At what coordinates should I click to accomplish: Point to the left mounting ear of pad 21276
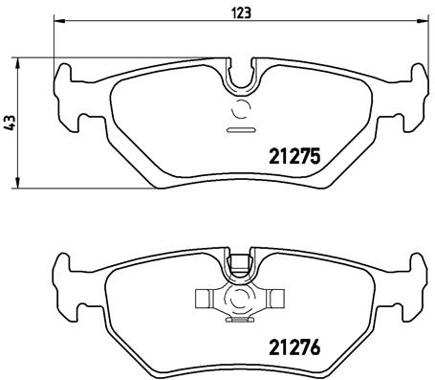click(66, 281)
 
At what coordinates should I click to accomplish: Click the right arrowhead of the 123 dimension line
click(423, 23)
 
